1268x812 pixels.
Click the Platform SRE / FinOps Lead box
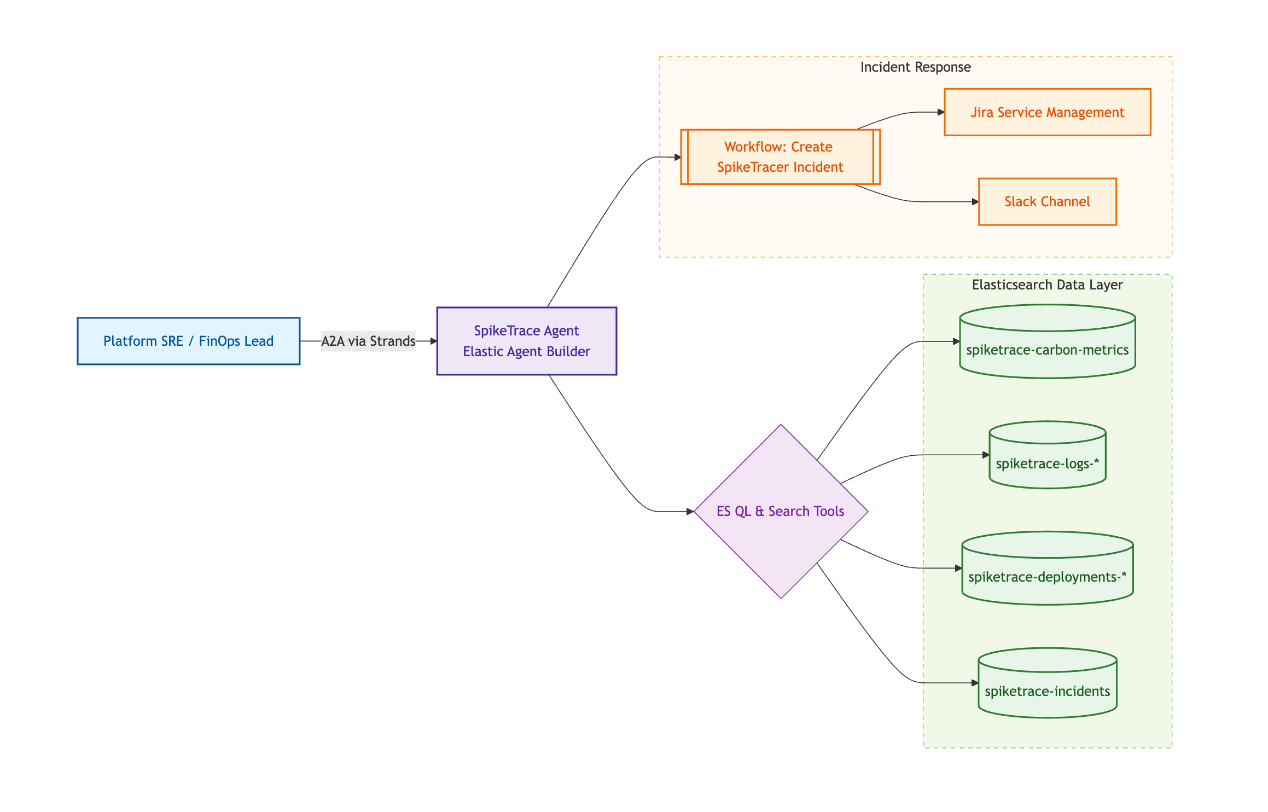click(x=188, y=341)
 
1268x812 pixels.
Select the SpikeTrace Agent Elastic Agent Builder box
click(x=526, y=341)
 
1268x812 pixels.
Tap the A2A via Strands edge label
click(x=368, y=341)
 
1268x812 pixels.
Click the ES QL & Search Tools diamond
click(x=781, y=511)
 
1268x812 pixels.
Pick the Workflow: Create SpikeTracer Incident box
click(x=780, y=157)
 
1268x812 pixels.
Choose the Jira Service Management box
click(x=1047, y=112)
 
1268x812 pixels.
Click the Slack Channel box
click(x=1047, y=201)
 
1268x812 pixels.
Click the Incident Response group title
click(x=915, y=67)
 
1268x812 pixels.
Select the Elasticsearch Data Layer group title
click(x=1047, y=285)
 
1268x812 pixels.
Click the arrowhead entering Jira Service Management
click(x=941, y=112)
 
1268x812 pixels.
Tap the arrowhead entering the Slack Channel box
click(x=975, y=202)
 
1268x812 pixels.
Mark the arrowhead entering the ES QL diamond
click(x=690, y=511)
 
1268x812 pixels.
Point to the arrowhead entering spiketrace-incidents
click(x=975, y=683)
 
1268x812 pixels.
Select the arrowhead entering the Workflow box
click(x=677, y=157)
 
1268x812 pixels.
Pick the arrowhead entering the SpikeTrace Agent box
click(x=433, y=341)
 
